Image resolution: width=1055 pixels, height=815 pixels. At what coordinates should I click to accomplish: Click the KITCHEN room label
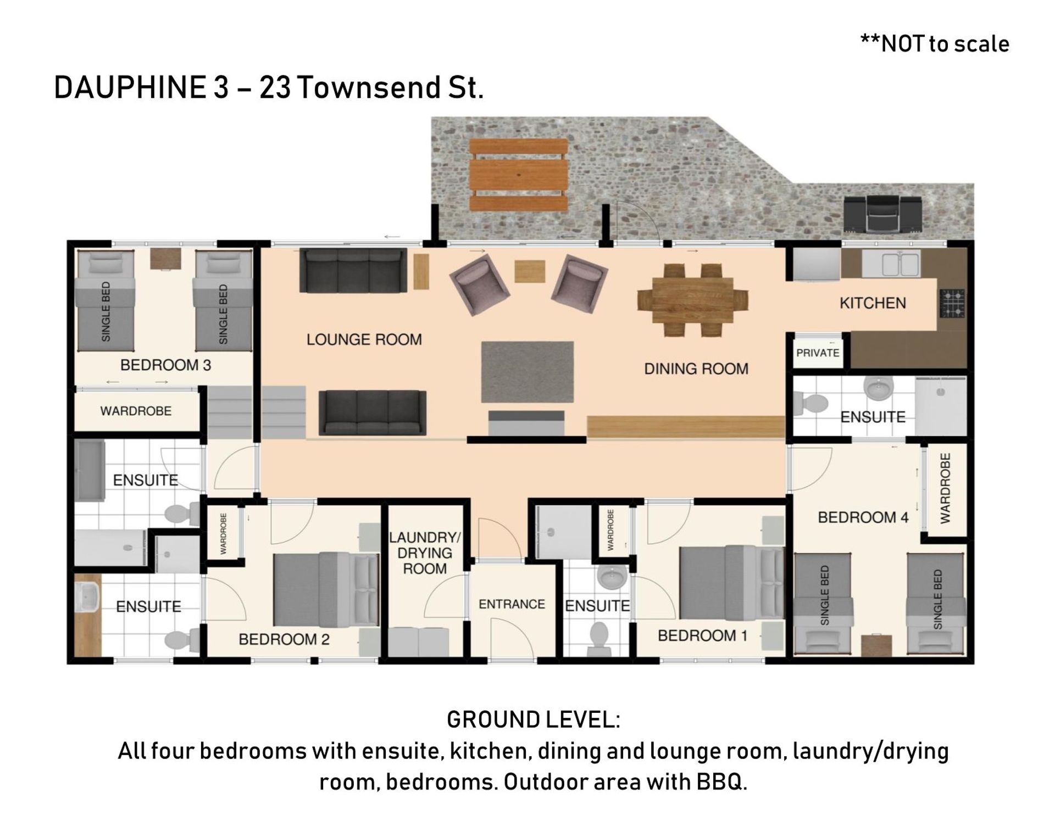pyautogui.click(x=873, y=303)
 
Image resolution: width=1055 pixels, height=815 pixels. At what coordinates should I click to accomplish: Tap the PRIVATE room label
pyautogui.click(x=818, y=353)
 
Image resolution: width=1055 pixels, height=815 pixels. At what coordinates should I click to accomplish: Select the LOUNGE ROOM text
pyautogui.click(x=364, y=339)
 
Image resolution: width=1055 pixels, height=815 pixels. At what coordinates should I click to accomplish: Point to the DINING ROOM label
pyautogui.click(x=696, y=369)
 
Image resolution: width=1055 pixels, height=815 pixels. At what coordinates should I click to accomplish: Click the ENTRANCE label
pyautogui.click(x=512, y=604)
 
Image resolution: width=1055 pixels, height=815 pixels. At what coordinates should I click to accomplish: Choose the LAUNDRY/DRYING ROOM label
pyautogui.click(x=425, y=553)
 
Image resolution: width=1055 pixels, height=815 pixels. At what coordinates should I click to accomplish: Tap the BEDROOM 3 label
pyautogui.click(x=165, y=365)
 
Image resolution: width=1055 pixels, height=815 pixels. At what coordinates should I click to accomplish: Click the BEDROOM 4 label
pyautogui.click(x=863, y=517)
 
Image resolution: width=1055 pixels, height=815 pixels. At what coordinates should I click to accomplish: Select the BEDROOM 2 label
pyautogui.click(x=284, y=639)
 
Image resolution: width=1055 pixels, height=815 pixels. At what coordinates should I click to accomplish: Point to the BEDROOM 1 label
pyautogui.click(x=702, y=635)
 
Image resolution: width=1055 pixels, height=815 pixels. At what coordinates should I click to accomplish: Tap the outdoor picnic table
pyautogui.click(x=518, y=175)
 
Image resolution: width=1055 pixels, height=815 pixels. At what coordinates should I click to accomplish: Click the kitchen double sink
pyautogui.click(x=891, y=264)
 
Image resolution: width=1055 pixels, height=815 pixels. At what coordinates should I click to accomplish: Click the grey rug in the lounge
pyautogui.click(x=527, y=372)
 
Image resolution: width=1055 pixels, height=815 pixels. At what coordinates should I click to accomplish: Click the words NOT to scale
pyautogui.click(x=945, y=44)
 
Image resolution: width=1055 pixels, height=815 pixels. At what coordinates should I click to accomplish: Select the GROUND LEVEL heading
pyautogui.click(x=534, y=719)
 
